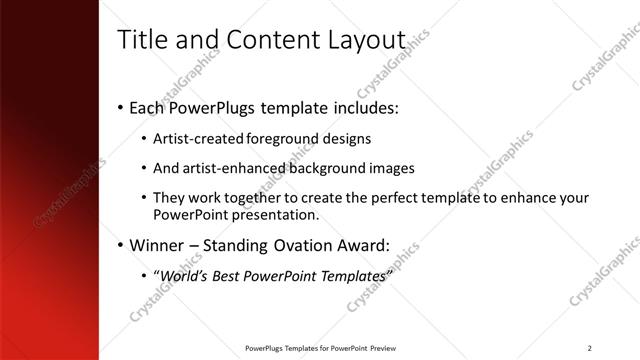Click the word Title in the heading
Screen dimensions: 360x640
pyautogui.click(x=143, y=40)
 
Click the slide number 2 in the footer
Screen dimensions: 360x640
pyautogui.click(x=590, y=348)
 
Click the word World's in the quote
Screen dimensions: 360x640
pyautogui.click(x=185, y=275)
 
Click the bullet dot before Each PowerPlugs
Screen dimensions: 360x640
pyautogui.click(x=121, y=107)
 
